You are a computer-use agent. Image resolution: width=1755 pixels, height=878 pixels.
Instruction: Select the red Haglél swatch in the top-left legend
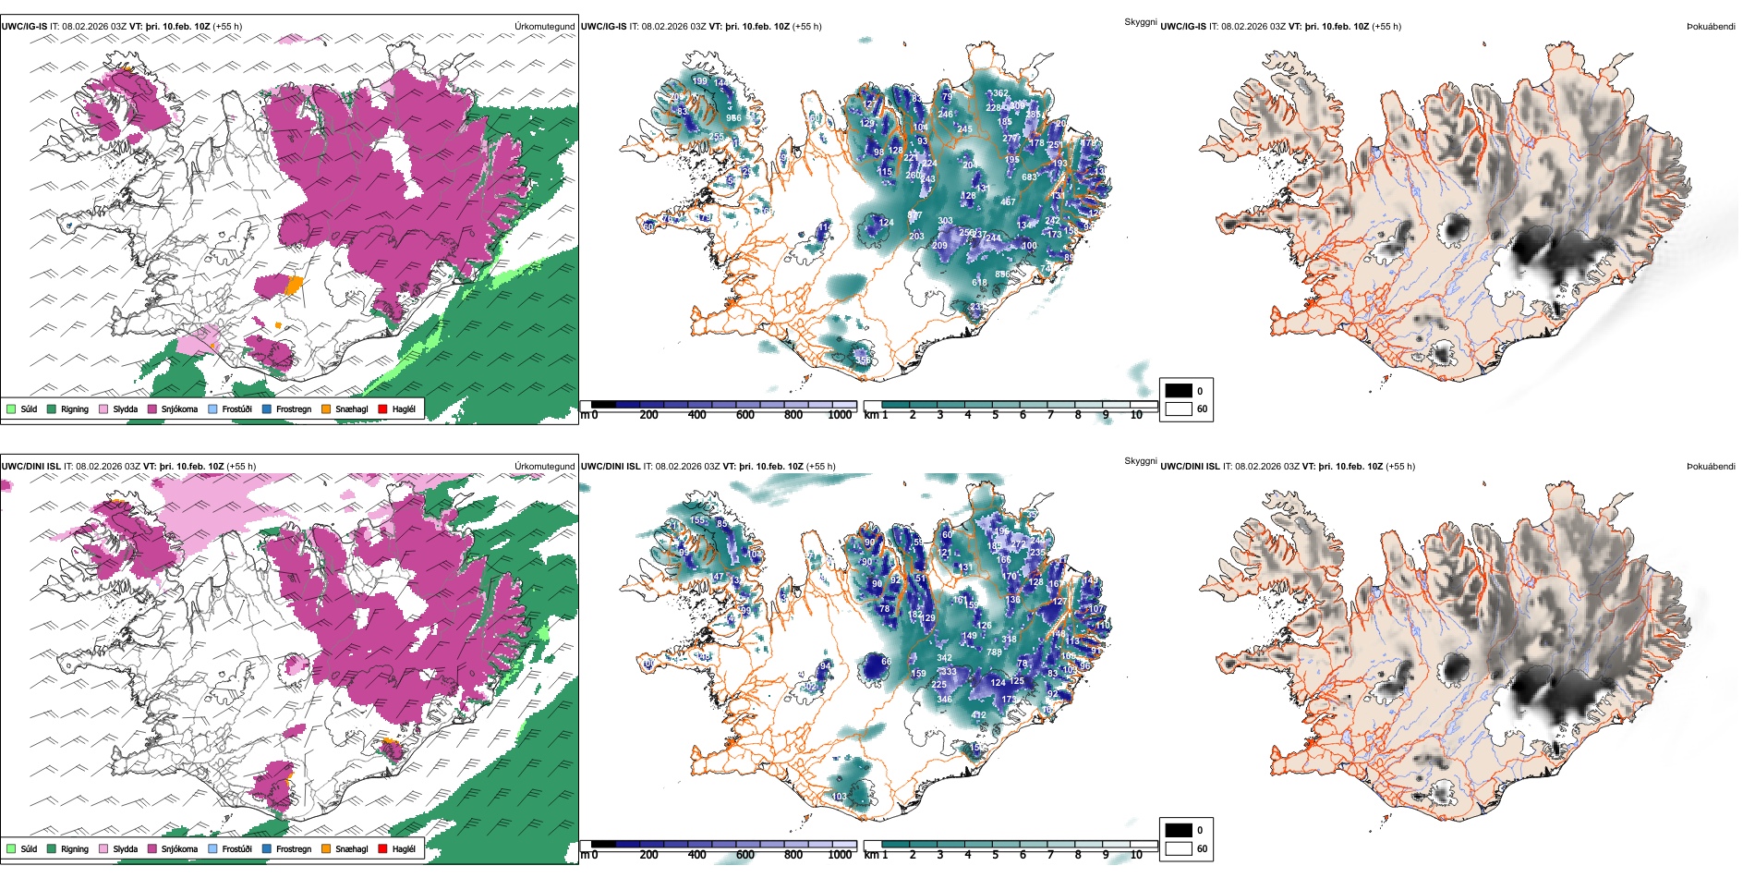coord(382,409)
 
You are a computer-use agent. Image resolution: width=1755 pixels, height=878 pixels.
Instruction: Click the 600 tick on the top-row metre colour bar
coord(745,415)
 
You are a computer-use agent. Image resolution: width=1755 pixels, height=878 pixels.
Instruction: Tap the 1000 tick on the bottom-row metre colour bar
coord(840,855)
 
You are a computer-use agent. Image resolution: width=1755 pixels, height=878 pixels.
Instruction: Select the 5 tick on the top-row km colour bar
coord(996,415)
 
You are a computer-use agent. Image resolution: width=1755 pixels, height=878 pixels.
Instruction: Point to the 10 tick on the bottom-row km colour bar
coord(1136,855)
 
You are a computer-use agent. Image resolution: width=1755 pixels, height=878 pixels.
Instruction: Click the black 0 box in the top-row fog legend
coord(1179,390)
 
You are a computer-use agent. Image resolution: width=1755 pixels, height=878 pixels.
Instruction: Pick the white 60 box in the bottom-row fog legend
coord(1179,848)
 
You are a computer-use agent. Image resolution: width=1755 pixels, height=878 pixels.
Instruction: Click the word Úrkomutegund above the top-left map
coord(544,27)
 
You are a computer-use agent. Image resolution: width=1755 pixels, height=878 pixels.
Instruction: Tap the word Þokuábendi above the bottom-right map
coord(1711,466)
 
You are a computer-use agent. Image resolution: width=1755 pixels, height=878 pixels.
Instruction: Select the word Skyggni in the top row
coord(1141,22)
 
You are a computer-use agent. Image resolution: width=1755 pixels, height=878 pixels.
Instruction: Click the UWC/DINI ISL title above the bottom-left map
coord(30,466)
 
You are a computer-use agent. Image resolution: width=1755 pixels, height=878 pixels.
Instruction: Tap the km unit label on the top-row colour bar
coord(871,415)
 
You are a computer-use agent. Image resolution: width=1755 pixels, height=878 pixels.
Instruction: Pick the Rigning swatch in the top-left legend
coord(53,409)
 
